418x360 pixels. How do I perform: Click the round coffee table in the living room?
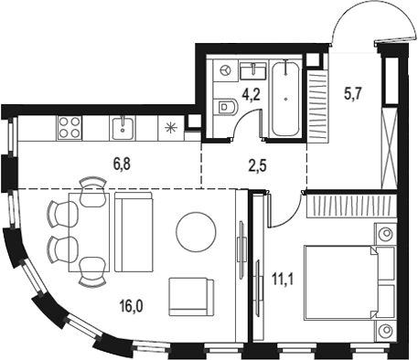pyautogui.click(x=198, y=231)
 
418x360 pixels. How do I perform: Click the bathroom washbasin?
pyautogui.click(x=251, y=69)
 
